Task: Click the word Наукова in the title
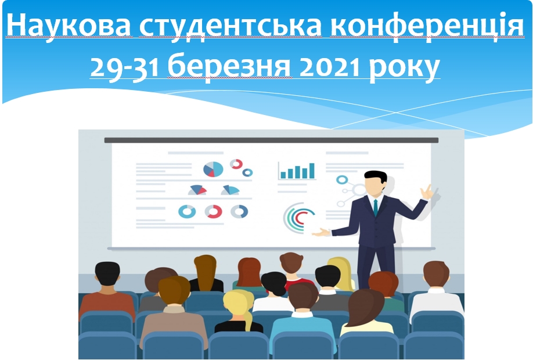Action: [69, 26]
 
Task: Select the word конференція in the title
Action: [427, 27]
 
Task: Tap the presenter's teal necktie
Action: [375, 207]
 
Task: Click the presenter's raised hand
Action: [427, 192]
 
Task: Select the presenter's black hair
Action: [376, 177]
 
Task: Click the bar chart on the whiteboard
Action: [297, 171]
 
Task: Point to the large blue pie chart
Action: [213, 169]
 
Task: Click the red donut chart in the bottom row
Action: [214, 211]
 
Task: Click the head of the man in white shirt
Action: [436, 273]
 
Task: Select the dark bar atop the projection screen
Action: [271, 140]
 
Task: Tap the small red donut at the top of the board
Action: [236, 164]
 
